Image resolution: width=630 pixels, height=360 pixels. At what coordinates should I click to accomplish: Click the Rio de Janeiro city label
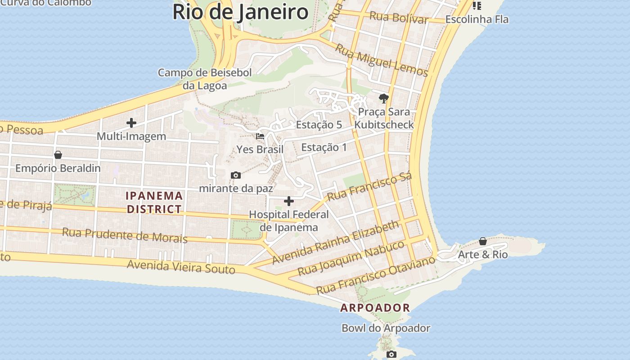tap(240, 12)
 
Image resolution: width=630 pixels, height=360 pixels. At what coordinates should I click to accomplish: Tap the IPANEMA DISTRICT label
tap(154, 202)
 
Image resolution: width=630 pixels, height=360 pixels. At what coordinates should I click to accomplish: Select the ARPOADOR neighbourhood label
tap(375, 308)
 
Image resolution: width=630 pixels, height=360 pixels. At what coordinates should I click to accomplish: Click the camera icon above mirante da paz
tap(235, 175)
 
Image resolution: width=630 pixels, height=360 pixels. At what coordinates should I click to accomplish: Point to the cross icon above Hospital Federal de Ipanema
tap(289, 201)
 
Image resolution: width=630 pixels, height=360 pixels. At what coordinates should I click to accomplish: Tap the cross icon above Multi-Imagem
tap(131, 122)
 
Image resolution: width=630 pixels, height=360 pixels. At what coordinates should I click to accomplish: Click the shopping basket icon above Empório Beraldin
tap(58, 155)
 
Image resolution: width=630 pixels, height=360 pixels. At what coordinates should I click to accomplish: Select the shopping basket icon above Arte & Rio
tap(483, 241)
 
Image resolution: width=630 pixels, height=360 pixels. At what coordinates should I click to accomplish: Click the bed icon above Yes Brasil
tap(260, 136)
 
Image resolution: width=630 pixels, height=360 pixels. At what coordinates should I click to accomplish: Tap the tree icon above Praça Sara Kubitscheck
tap(383, 98)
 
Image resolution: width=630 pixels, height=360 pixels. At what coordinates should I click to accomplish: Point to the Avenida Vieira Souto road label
tap(181, 266)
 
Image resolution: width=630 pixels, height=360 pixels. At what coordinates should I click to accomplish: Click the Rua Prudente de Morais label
tap(125, 234)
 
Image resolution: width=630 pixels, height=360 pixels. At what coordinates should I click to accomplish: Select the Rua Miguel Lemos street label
tap(382, 61)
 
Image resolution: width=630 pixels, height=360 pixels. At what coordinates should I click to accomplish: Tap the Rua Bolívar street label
tap(399, 18)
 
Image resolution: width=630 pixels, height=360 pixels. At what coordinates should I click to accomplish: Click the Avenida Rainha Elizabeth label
tap(336, 242)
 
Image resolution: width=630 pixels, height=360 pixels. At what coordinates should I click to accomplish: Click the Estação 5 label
tap(319, 125)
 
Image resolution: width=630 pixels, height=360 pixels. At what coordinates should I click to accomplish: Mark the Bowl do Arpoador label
tap(386, 328)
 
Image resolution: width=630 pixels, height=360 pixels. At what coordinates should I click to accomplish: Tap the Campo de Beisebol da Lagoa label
tap(205, 79)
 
